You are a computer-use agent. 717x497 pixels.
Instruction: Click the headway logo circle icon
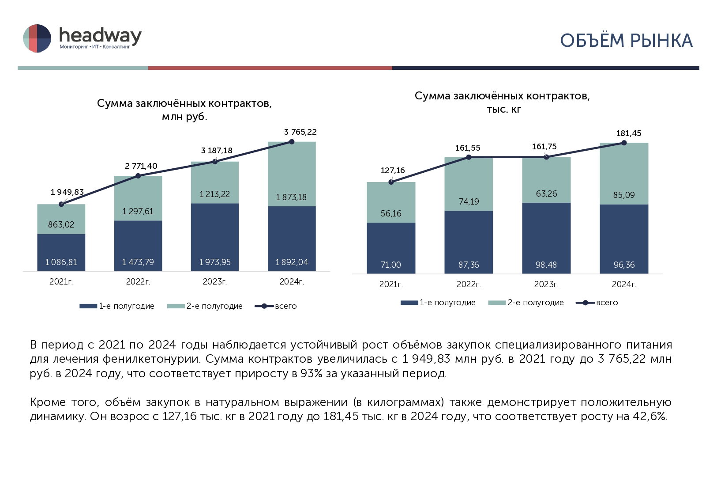tap(37, 38)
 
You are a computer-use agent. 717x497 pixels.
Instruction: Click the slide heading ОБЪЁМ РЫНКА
tap(626, 41)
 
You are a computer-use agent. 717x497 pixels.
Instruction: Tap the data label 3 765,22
tap(300, 132)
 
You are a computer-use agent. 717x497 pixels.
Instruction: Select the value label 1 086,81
tap(61, 262)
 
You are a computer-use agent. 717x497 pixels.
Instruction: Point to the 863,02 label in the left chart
tap(61, 224)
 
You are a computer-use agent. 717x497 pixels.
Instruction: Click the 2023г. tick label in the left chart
tap(214, 282)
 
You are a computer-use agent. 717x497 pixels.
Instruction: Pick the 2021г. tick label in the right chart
tap(391, 285)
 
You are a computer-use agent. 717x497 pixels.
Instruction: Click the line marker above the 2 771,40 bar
tap(138, 176)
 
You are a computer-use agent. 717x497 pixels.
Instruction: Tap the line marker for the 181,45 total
tap(624, 143)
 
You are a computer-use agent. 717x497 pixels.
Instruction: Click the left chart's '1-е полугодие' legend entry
tap(117, 306)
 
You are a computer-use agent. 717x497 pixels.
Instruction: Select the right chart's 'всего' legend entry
tap(597, 303)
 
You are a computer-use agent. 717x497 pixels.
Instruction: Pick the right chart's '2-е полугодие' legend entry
tap(526, 303)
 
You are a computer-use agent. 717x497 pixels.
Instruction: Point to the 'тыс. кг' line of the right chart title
tap(503, 109)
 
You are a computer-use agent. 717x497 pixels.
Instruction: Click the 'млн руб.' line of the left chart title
tap(184, 117)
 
